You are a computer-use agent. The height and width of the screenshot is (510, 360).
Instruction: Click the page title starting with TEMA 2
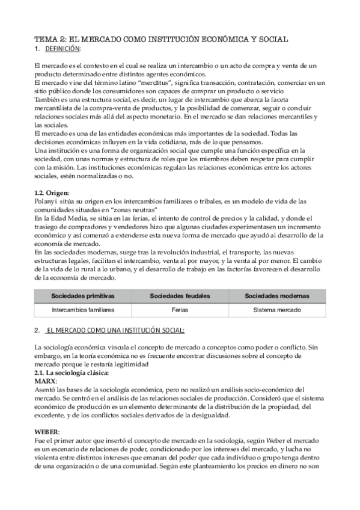(x=161, y=38)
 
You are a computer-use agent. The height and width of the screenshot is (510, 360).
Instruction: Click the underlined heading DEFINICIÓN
(x=63, y=48)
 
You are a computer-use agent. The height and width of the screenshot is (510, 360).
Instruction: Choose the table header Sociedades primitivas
(x=83, y=296)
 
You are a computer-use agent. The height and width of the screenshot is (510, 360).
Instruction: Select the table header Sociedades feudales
(x=180, y=296)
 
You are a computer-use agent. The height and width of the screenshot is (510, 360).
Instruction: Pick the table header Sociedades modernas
(x=277, y=296)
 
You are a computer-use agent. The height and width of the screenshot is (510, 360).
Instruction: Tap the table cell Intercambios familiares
(x=83, y=310)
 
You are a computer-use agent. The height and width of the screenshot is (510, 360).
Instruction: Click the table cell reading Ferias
(x=180, y=310)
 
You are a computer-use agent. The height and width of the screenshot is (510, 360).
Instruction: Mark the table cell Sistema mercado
(x=277, y=310)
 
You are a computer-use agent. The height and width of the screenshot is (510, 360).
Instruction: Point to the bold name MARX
(x=46, y=381)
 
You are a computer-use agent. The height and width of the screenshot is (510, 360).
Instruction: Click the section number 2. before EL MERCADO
(x=37, y=330)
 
